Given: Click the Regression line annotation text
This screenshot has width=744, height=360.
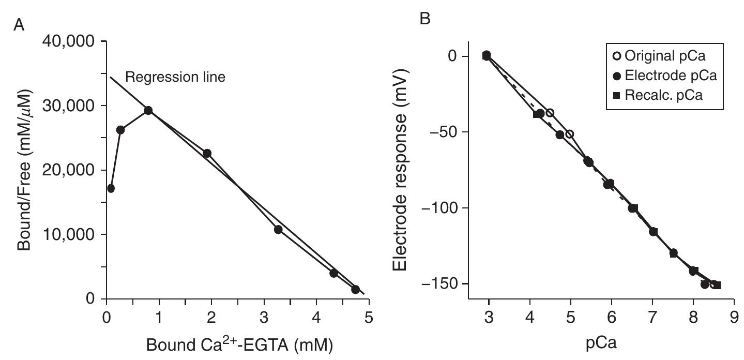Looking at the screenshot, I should [175, 78].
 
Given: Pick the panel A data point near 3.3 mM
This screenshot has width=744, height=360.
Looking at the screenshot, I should [278, 229].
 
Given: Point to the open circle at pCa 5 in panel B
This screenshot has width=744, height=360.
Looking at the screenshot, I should [570, 134].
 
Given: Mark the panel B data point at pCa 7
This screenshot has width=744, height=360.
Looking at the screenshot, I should [653, 232].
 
